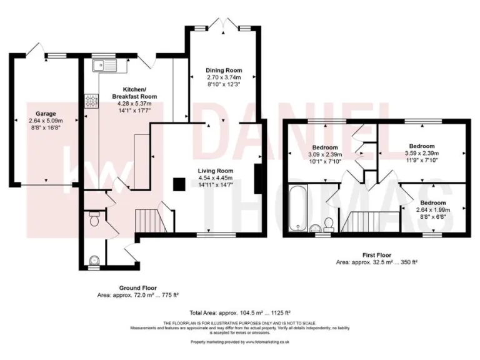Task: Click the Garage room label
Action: pos(41,114)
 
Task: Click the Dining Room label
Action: pos(224,70)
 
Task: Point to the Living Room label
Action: pos(216,171)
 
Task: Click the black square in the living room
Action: pos(179,184)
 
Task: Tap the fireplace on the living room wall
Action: pos(257,181)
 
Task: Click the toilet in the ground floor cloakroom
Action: pos(94,219)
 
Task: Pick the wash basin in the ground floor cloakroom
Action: pos(93,260)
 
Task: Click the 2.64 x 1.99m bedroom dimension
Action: pos(432,210)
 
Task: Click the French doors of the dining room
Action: pos(224,26)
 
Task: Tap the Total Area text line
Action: pos(240,312)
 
